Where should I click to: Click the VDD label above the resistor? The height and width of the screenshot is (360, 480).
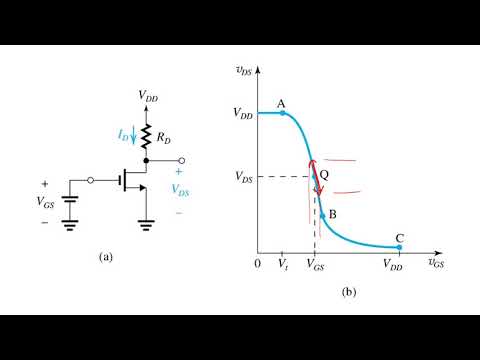click(x=147, y=97)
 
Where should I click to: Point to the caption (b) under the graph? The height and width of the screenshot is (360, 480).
click(x=349, y=292)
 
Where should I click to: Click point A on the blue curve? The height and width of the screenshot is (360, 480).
click(x=282, y=113)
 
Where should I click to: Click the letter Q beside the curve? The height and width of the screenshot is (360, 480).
click(x=325, y=174)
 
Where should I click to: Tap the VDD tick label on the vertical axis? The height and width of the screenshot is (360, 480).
click(x=242, y=114)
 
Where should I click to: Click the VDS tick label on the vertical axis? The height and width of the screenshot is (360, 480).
click(x=242, y=177)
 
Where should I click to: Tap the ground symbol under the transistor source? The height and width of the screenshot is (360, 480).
click(x=147, y=223)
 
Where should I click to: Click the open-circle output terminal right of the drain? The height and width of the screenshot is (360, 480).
click(x=180, y=160)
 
